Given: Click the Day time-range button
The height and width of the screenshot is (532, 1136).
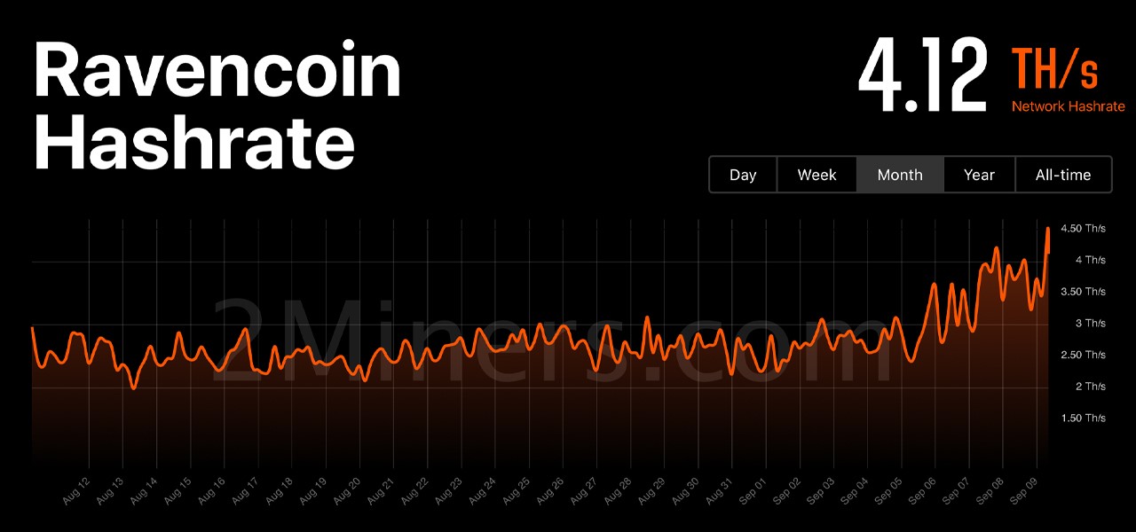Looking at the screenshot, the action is pyautogui.click(x=743, y=175).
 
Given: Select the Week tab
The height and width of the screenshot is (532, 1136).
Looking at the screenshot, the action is pyautogui.click(x=816, y=175).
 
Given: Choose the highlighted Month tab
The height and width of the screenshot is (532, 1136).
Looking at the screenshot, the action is pyautogui.click(x=900, y=175).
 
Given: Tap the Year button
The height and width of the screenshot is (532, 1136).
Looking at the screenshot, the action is pyautogui.click(x=979, y=175).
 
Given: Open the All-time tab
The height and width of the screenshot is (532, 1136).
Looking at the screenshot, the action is pyautogui.click(x=1063, y=175).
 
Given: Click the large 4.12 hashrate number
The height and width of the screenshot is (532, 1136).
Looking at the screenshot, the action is pyautogui.click(x=923, y=75).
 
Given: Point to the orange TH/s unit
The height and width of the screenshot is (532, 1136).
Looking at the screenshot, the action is pyautogui.click(x=1055, y=69).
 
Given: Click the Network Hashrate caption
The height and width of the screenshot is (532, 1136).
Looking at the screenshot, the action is pyautogui.click(x=1068, y=106).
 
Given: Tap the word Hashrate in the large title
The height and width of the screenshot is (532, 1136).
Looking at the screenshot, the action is pyautogui.click(x=194, y=142).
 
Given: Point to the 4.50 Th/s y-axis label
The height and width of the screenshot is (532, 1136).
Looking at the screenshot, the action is pyautogui.click(x=1084, y=229).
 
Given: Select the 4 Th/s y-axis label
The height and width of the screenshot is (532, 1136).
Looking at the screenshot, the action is pyautogui.click(x=1091, y=260).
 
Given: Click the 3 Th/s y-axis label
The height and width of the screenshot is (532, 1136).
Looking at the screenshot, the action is pyautogui.click(x=1091, y=324).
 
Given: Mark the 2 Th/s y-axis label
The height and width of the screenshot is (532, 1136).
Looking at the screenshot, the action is pyautogui.click(x=1091, y=387).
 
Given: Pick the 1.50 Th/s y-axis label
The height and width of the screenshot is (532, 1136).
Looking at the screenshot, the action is pyautogui.click(x=1084, y=418).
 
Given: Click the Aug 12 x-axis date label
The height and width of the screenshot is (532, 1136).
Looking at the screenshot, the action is pyautogui.click(x=76, y=491).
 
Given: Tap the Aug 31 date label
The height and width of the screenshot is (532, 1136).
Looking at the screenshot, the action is pyautogui.click(x=719, y=491).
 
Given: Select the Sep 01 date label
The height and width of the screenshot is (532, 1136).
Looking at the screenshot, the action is pyautogui.click(x=753, y=491).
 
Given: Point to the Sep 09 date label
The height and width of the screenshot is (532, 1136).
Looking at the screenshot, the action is pyautogui.click(x=1023, y=491).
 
